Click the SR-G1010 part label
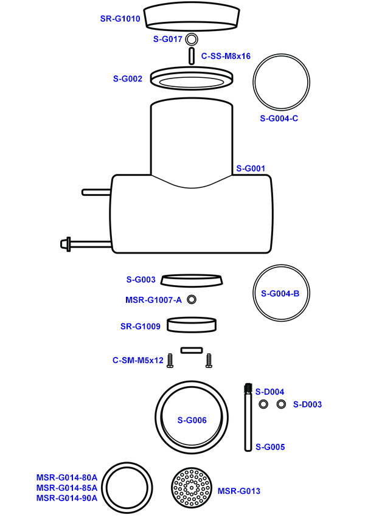click(x=120, y=19)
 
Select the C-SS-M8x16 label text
click(x=226, y=56)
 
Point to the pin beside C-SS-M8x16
click(x=192, y=56)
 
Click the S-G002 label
click(x=128, y=78)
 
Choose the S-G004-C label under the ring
click(x=279, y=119)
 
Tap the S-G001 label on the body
click(x=251, y=168)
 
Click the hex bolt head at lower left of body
click(x=65, y=244)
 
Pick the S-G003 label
click(x=141, y=280)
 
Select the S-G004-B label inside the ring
click(x=280, y=294)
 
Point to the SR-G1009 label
click(x=141, y=326)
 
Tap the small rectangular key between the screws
click(x=192, y=350)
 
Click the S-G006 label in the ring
click(x=192, y=420)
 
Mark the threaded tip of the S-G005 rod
click(x=248, y=387)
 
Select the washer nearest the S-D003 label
click(x=281, y=404)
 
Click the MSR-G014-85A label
click(x=67, y=488)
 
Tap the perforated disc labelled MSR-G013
click(x=192, y=487)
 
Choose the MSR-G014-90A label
click(x=67, y=498)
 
